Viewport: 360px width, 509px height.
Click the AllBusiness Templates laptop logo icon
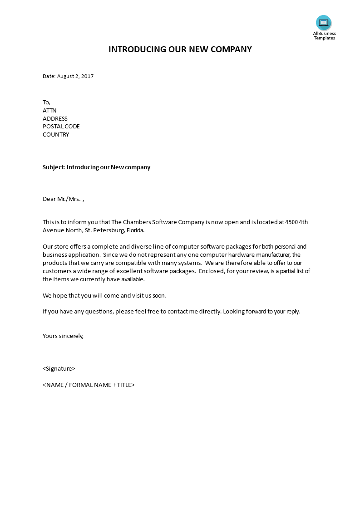(324, 22)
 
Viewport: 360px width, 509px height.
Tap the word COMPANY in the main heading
(231, 49)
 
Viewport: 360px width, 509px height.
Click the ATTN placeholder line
(49, 111)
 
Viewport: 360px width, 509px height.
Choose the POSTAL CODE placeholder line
(61, 127)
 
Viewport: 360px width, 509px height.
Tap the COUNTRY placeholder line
(56, 135)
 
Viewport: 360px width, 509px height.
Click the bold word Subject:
(54, 167)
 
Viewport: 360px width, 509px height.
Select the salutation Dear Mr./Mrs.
(62, 199)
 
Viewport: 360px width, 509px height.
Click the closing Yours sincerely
(63, 336)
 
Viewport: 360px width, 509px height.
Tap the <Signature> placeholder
(59, 369)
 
